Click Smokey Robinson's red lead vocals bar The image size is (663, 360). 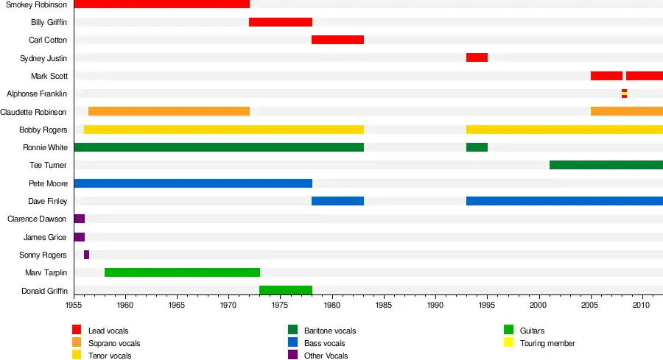[162, 4]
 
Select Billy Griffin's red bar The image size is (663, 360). [281, 22]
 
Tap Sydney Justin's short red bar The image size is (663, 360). [477, 57]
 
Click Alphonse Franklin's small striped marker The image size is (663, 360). [624, 93]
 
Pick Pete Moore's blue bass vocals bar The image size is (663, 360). [193, 183]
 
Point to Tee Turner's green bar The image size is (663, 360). [606, 165]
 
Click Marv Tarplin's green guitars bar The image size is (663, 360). [182, 272]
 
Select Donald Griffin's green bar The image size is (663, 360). [286, 290]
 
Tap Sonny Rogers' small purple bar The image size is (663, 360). [86, 255]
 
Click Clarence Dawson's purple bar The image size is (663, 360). [80, 219]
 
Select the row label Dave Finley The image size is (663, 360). [48, 201]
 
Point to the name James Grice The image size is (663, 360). [45, 237]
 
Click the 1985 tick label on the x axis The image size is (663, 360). [384, 304]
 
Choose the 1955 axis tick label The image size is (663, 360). [74, 304]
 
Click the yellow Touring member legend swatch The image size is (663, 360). [508, 342]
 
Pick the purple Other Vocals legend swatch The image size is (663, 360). [292, 355]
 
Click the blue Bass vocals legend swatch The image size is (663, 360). [292, 342]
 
